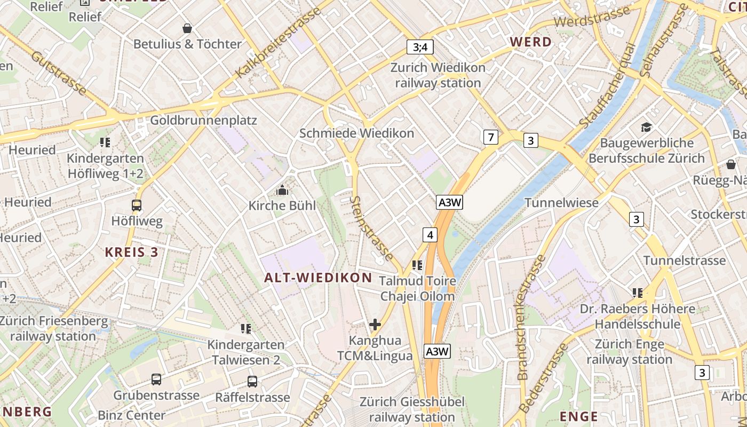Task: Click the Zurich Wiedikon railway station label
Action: point(438,75)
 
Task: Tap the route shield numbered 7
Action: point(491,137)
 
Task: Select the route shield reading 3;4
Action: point(420,47)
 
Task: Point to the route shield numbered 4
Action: point(431,234)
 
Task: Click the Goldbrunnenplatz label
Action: point(203,120)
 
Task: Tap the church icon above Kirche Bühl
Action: point(282,190)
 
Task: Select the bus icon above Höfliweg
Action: point(137,205)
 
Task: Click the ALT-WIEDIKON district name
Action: point(318,278)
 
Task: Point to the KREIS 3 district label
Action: point(131,252)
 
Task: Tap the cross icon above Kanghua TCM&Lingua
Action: point(375,324)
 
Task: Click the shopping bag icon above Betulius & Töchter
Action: point(187,28)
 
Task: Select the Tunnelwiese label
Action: point(561,203)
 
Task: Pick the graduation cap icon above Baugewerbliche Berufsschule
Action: point(646,127)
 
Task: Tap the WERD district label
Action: point(530,42)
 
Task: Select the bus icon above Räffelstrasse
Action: point(252,381)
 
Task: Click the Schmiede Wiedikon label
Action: point(356,133)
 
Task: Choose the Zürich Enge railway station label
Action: point(629,352)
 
